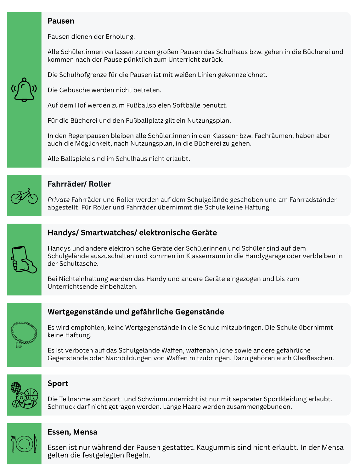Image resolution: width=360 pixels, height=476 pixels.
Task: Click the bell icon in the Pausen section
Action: pos(24,90)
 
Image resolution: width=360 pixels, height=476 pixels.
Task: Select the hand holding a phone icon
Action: pos(24,259)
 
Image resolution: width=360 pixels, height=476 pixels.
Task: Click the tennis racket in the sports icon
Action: pos(16,389)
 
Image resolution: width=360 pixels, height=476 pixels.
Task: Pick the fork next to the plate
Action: pos(13,444)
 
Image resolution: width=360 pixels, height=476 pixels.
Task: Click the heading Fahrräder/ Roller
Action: pos(79,184)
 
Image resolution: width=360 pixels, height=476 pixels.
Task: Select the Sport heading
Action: pos(58,383)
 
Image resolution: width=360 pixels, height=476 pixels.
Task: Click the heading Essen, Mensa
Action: pos(72,432)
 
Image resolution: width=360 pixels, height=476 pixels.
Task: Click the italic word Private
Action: pos(59,200)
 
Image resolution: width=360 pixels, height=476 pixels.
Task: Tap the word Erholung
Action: pos(120,37)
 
